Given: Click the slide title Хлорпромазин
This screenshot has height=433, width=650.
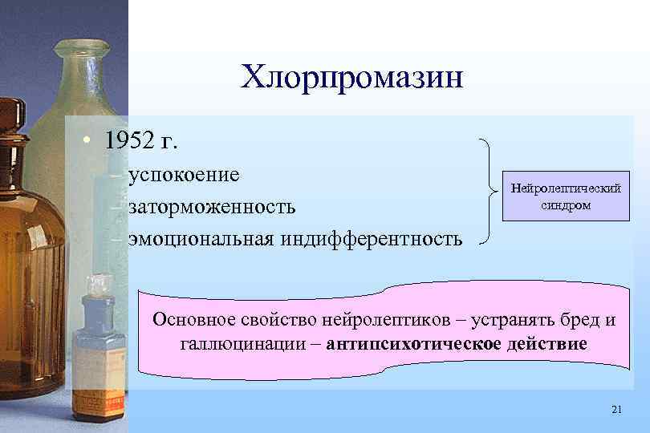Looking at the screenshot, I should click(x=352, y=79).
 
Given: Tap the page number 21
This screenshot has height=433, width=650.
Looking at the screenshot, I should click(x=616, y=410).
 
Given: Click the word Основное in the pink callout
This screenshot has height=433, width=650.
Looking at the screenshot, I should click(x=192, y=320).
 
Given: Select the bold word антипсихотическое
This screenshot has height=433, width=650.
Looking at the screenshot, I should click(x=409, y=345).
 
